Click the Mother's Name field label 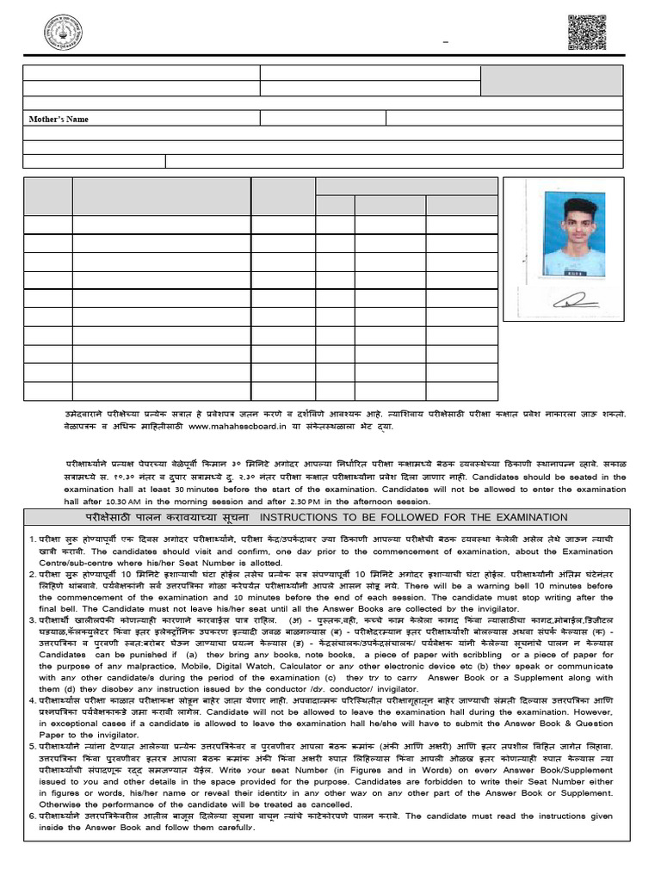tap(59, 119)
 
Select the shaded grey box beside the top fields tap(552, 80)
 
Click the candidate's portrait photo tap(574, 234)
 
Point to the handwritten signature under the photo tap(575, 300)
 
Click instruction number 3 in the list tap(31, 619)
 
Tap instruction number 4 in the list tap(31, 701)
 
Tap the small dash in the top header tap(446, 41)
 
